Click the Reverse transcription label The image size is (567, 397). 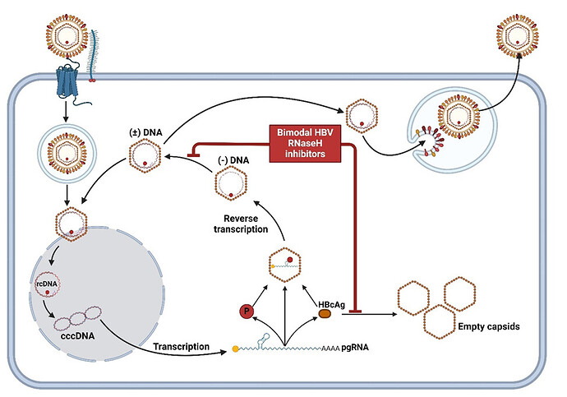pyautogui.click(x=247, y=223)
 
